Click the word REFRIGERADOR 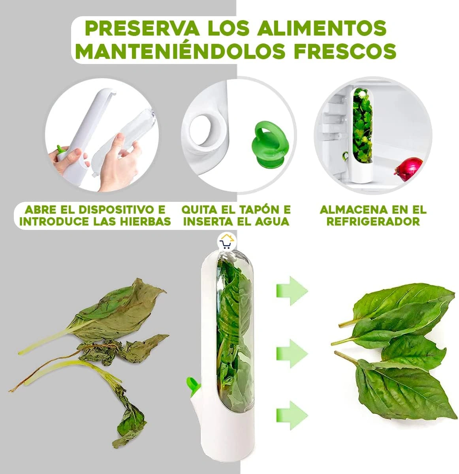click(373, 222)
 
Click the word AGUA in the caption click(274, 222)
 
